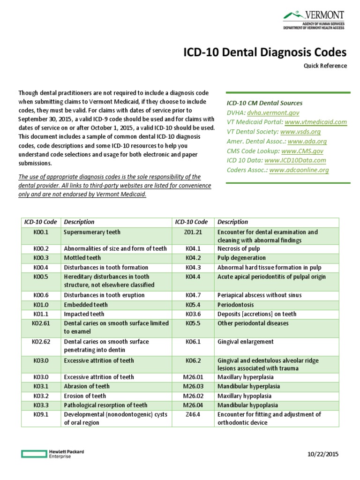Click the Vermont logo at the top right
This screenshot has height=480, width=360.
click(315, 20)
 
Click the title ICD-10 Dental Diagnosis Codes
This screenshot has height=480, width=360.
click(264, 52)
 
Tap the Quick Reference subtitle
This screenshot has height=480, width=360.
click(325, 66)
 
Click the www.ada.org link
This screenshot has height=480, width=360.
click(307, 141)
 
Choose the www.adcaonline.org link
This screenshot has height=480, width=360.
click(299, 170)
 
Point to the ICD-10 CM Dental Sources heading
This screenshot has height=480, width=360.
click(264, 103)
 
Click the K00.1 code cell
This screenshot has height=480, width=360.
click(41, 232)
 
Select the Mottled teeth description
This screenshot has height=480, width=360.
click(82, 258)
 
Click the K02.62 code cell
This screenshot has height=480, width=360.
click(41, 342)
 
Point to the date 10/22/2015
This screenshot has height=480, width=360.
click(322, 454)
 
